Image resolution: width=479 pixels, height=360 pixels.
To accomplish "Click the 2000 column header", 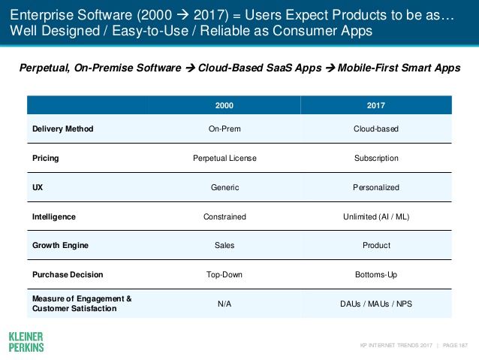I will click(224, 106).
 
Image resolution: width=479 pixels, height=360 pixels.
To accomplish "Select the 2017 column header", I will click(376, 106).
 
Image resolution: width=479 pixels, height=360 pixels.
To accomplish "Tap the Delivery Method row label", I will click(63, 129).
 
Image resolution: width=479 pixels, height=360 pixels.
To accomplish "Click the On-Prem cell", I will click(224, 129).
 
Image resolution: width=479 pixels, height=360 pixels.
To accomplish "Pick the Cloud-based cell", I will click(376, 129).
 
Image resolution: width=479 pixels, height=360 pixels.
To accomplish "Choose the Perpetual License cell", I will click(224, 159).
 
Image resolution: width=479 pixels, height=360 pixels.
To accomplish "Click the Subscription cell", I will click(376, 159).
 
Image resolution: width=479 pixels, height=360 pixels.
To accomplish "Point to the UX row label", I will click(38, 187).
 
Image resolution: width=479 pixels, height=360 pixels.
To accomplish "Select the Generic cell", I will click(224, 187).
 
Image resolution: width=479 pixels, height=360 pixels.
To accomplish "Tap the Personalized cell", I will click(376, 187).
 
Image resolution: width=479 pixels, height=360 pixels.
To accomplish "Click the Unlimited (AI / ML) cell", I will click(376, 216).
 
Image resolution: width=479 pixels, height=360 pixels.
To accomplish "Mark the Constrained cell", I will click(224, 216).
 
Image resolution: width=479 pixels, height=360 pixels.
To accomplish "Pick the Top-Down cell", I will click(224, 274).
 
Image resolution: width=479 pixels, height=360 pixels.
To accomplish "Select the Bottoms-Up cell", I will click(376, 274).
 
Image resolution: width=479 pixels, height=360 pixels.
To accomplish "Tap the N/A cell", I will click(224, 303).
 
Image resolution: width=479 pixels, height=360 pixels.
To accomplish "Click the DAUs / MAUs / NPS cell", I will click(376, 303).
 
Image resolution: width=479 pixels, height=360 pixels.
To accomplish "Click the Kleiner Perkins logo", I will click(26, 341).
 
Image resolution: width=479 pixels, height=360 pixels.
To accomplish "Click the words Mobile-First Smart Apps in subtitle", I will click(398, 68).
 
